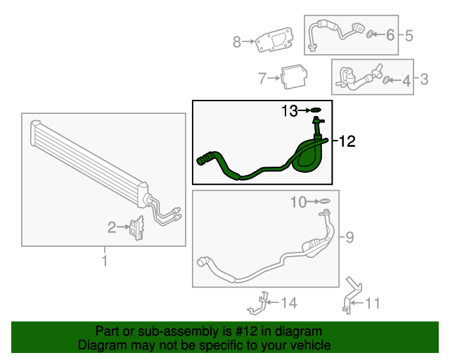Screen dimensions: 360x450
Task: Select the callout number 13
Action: coord(290,110)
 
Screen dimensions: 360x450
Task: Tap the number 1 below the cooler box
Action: coord(105,262)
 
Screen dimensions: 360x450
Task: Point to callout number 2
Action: coord(112,227)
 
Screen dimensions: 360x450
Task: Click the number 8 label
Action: coord(238,42)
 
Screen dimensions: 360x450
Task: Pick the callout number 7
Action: coord(262,77)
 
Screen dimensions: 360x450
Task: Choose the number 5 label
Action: coord(408,33)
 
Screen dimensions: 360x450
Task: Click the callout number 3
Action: coord(424,80)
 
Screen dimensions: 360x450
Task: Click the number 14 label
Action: coord(289,303)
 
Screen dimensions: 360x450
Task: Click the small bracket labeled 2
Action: coord(136,228)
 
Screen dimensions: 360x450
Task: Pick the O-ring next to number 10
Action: coord(325,202)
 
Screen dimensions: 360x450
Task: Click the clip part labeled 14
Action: coord(258,303)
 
